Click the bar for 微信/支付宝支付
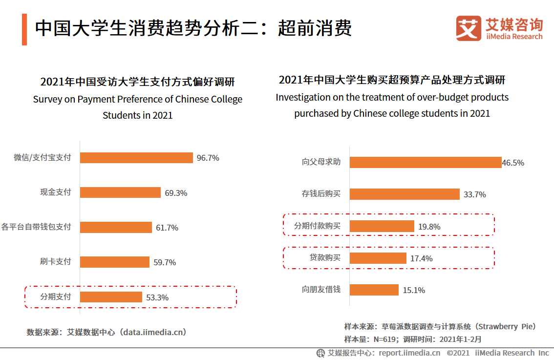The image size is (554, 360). [136, 158]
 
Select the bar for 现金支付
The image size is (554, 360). [120, 192]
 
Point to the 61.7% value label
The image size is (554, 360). [167, 228]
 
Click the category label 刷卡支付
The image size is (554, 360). [55, 262]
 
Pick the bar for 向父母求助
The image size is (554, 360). [426, 163]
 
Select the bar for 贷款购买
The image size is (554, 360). [378, 258]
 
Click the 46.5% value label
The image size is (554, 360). [513, 163]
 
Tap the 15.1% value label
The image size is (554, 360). [414, 290]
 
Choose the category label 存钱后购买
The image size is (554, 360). [321, 194]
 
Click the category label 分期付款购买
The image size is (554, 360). [317, 226]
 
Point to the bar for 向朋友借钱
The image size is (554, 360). [374, 290]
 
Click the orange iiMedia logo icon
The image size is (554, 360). [469, 29]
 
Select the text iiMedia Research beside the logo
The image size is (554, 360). [514, 37]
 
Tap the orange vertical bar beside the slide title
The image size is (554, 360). [24, 29]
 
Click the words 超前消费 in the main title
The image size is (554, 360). [315, 28]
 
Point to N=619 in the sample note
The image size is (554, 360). [384, 339]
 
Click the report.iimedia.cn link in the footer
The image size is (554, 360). [409, 353]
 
